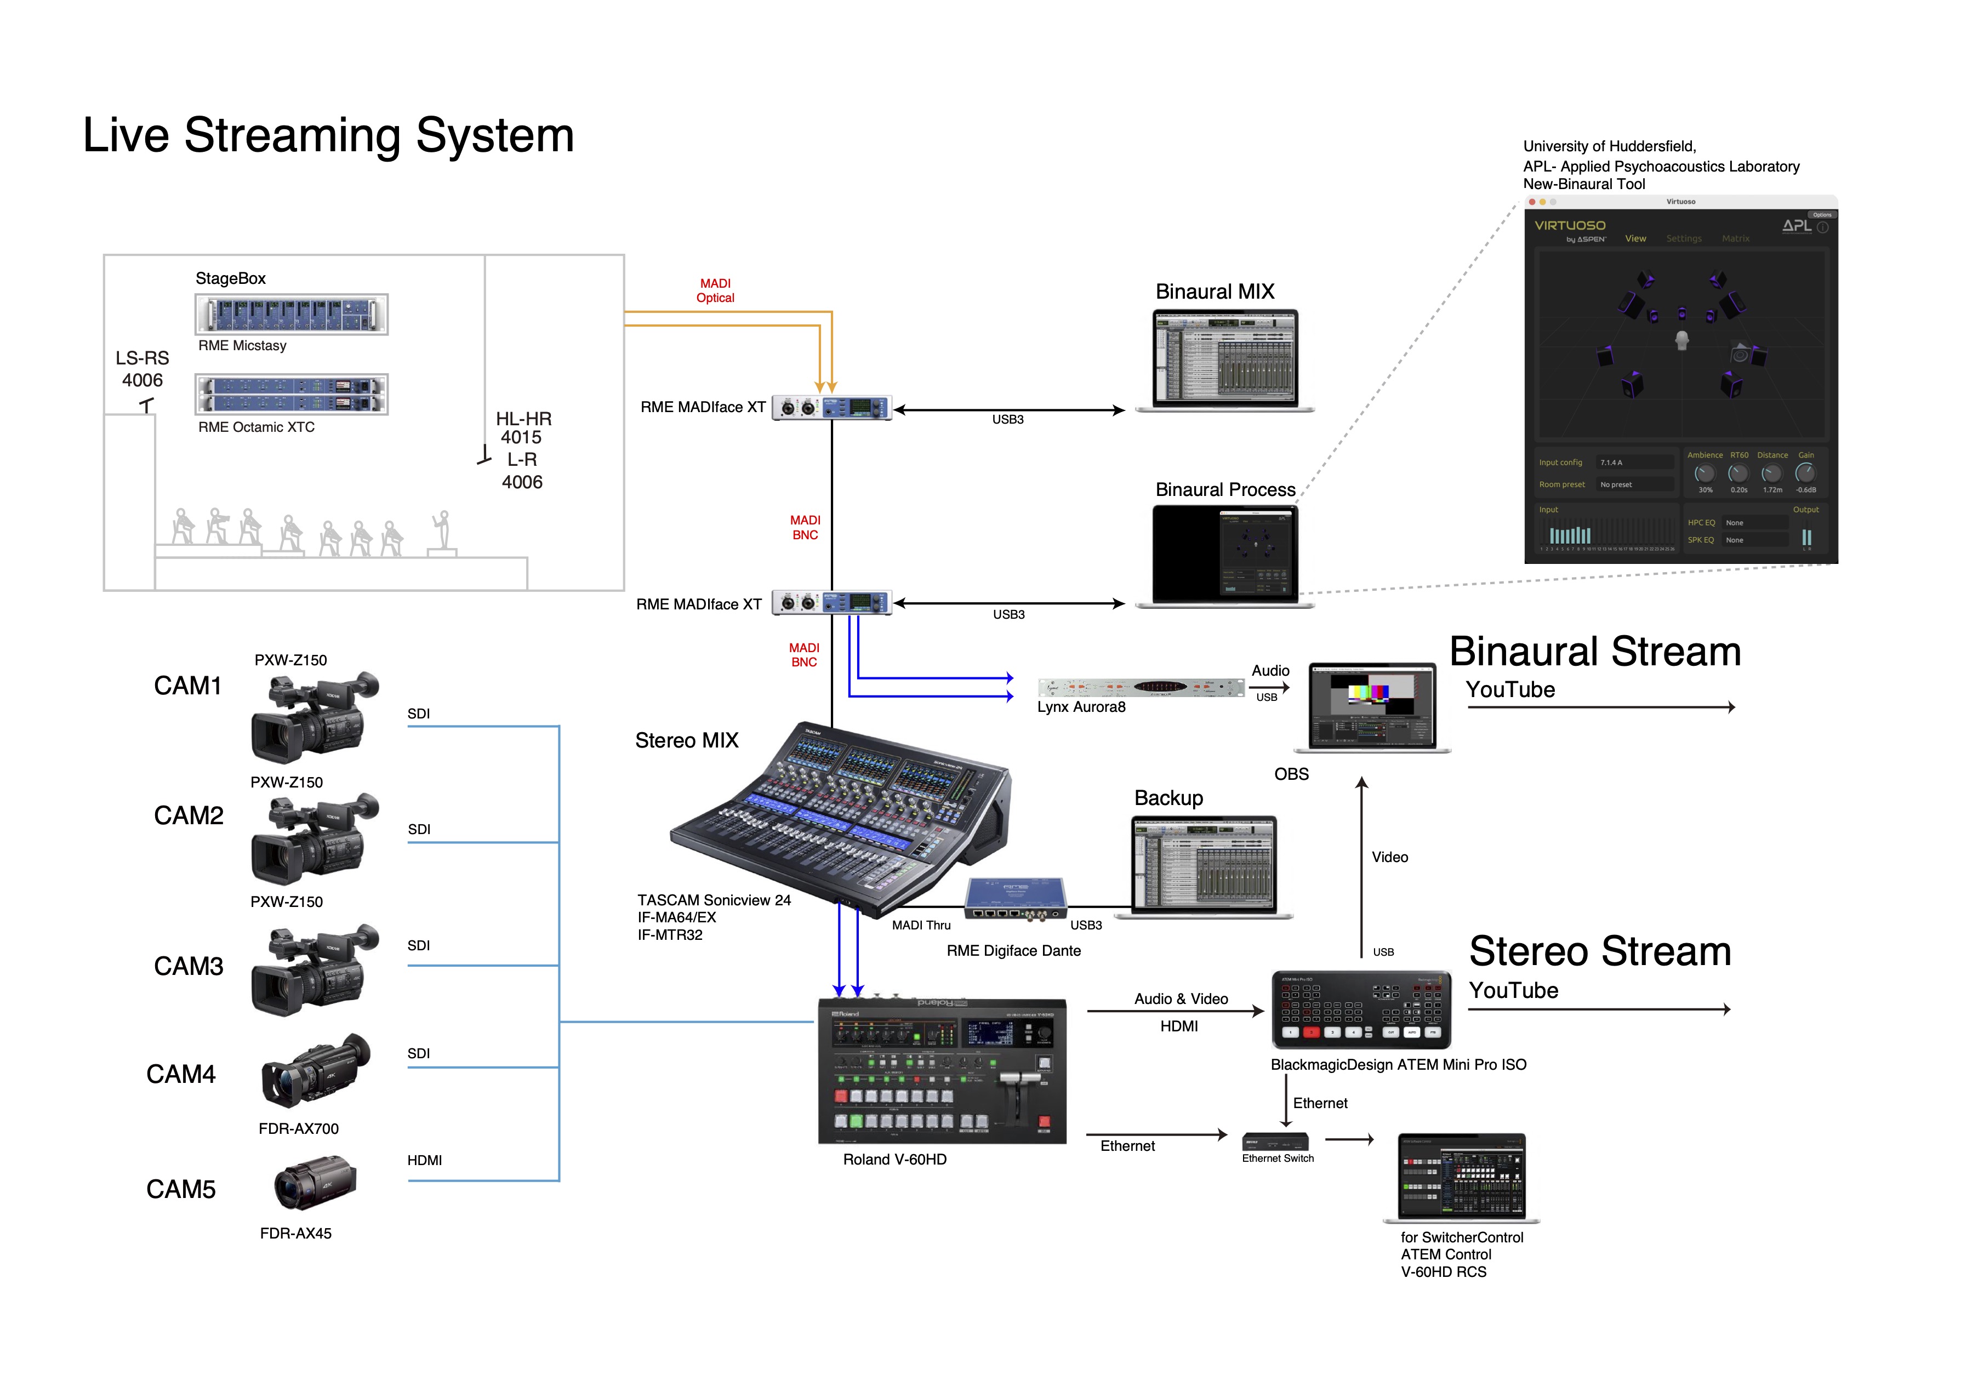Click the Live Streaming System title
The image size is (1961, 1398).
(328, 135)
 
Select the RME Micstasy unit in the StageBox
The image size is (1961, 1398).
(291, 314)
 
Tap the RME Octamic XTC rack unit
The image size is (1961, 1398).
(291, 394)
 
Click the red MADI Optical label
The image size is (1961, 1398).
(715, 290)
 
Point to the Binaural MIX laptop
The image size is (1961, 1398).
(1224, 360)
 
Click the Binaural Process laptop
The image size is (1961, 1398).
(1224, 555)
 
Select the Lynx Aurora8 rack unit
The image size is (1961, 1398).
(1141, 687)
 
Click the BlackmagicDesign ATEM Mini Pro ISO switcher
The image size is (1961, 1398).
(1360, 1009)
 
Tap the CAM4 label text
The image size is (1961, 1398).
(181, 1074)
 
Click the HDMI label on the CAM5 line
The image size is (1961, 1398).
(424, 1160)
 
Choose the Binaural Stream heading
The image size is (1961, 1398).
(1594, 652)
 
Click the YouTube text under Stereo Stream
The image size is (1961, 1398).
(1513, 991)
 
